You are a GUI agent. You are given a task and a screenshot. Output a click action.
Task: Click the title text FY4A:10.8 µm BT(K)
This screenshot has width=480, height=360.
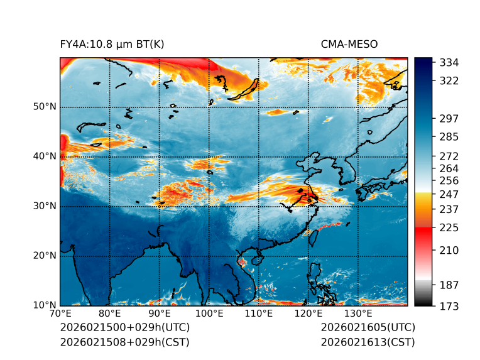tap(112, 44)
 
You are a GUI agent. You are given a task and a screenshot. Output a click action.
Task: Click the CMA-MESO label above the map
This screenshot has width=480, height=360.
tap(349, 44)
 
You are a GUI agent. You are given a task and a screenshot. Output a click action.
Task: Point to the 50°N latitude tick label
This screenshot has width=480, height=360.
tap(43, 107)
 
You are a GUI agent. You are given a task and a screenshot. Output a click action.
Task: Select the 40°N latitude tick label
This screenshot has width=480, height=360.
tap(43, 156)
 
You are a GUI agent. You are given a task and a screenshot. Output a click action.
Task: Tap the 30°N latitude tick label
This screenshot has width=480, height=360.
tap(43, 206)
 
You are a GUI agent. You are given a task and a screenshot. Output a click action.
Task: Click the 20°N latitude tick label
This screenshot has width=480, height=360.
tap(43, 256)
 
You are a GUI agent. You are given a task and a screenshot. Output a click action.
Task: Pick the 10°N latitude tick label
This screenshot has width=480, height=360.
tap(43, 305)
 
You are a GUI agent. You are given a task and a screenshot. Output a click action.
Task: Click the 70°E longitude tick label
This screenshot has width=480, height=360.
tap(60, 314)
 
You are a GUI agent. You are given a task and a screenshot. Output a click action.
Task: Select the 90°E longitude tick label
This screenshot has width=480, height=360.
tap(160, 314)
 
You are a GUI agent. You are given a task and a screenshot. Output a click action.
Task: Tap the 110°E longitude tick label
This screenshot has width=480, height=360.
tap(259, 314)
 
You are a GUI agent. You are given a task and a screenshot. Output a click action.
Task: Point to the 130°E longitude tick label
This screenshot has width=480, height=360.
tap(358, 314)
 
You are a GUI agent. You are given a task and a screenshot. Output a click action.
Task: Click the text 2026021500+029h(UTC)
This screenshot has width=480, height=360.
tap(124, 328)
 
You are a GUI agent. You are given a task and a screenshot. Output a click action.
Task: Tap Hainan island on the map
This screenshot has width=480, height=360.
tap(256, 259)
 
